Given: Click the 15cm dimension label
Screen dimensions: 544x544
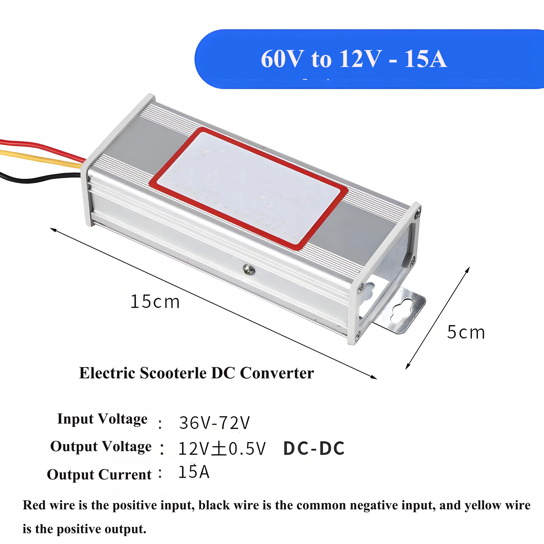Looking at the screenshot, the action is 155,302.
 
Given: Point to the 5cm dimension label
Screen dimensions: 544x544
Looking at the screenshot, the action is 466,332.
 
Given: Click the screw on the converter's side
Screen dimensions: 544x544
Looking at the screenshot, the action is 249,269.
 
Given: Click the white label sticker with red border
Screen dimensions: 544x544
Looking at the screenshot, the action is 248,189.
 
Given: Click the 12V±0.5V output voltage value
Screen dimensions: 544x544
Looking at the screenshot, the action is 222,449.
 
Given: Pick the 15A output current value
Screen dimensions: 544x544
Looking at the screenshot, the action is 194,472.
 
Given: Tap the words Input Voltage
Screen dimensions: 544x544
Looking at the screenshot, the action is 102,419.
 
